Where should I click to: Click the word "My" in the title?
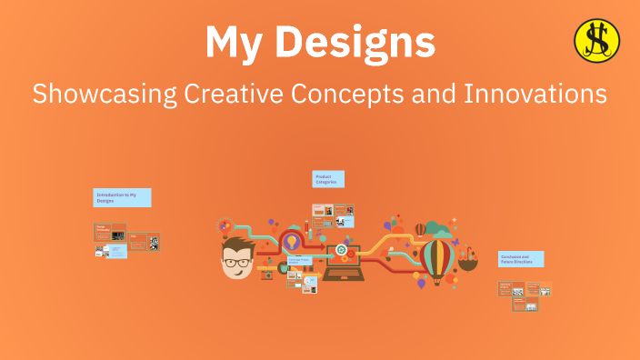coord(238,43)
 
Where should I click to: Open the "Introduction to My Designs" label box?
coord(122,198)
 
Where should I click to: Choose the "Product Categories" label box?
coord(328,179)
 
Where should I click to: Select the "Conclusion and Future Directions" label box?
coord(521,259)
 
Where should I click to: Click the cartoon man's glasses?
coord(238,262)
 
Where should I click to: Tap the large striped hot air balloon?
coord(437,259)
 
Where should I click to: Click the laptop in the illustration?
coord(342,265)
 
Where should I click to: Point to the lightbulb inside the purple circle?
coord(293,242)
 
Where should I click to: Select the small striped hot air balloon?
coord(420,229)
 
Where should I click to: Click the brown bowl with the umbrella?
coord(468,263)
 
